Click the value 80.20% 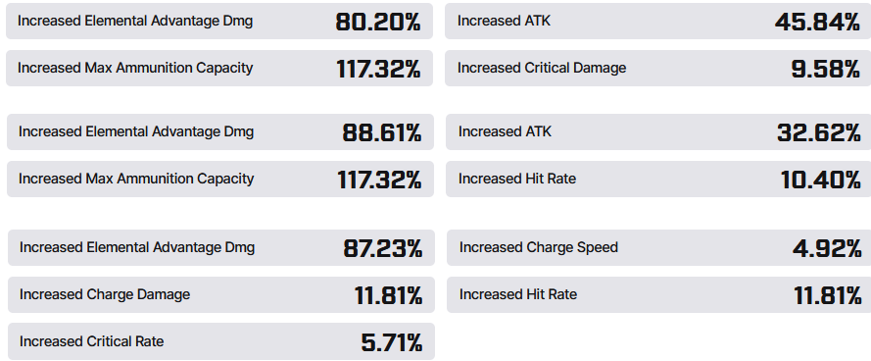click(378, 22)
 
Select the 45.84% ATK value click(817, 22)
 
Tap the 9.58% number click(826, 69)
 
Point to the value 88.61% click(382, 132)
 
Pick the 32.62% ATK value click(819, 132)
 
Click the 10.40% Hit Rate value click(820, 180)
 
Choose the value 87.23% click(383, 248)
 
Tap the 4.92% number click(827, 248)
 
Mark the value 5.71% click(392, 342)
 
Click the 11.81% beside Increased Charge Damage click(388, 295)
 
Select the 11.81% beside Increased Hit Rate click(828, 295)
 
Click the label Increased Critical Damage click(542, 68)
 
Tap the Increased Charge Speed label click(538, 247)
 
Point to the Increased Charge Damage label click(105, 294)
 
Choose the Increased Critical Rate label click(92, 341)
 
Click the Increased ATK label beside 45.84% click(504, 21)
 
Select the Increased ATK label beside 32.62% click(505, 131)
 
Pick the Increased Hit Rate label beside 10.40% click(517, 179)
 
